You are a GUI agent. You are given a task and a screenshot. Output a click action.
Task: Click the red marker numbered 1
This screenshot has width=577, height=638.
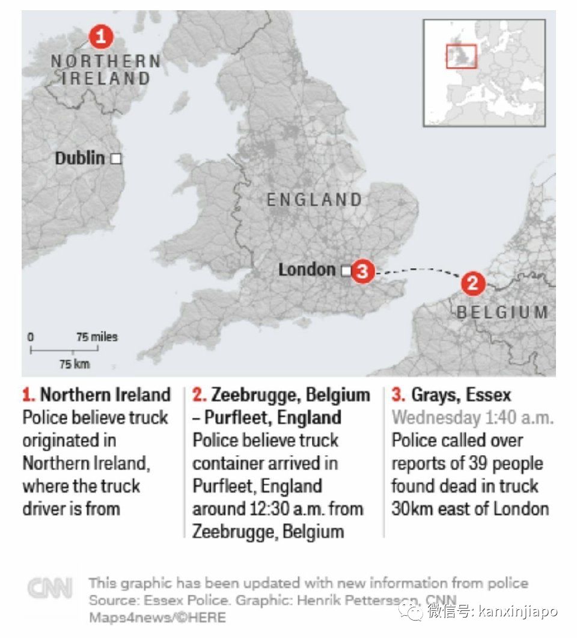point(102,37)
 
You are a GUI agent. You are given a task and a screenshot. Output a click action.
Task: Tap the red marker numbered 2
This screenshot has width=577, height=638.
point(473,283)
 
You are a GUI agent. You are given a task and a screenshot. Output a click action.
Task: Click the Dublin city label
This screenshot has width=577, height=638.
point(80,158)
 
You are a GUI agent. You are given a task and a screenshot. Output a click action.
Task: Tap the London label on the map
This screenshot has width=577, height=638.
point(307,269)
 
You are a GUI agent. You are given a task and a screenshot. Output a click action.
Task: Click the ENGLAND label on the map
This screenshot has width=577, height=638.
point(314,200)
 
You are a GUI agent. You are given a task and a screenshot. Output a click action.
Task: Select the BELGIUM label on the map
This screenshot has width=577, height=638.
point(502,313)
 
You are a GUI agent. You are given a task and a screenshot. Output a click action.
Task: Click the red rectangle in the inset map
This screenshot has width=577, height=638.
point(461,56)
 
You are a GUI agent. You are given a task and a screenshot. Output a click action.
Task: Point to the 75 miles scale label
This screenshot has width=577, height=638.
point(97,337)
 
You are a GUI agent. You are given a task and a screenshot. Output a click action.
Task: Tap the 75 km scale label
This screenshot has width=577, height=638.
point(74,363)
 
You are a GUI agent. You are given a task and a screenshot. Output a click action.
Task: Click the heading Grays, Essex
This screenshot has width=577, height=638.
point(460,395)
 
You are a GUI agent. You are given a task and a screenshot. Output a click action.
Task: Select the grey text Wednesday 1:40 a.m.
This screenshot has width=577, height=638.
point(472,417)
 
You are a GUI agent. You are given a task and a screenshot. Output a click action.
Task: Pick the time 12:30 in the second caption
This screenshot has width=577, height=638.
point(269,509)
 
